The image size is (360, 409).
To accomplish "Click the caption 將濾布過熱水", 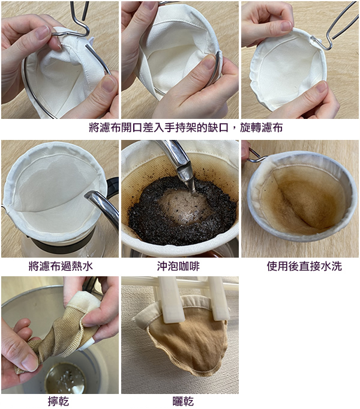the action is pyautogui.click(x=61, y=266).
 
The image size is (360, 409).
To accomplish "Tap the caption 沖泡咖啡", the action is pyautogui.click(x=178, y=266).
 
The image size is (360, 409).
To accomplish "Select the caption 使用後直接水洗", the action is pyautogui.click(x=304, y=266).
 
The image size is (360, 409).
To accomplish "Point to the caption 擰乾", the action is pyautogui.click(x=58, y=401).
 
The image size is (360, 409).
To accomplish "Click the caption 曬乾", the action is pyautogui.click(x=183, y=401).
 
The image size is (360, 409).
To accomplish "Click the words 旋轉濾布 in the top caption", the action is pyautogui.click(x=261, y=128).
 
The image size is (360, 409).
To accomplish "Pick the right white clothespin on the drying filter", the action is pyautogui.click(x=218, y=298).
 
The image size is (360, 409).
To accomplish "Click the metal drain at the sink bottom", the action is pyautogui.click(x=65, y=378).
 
